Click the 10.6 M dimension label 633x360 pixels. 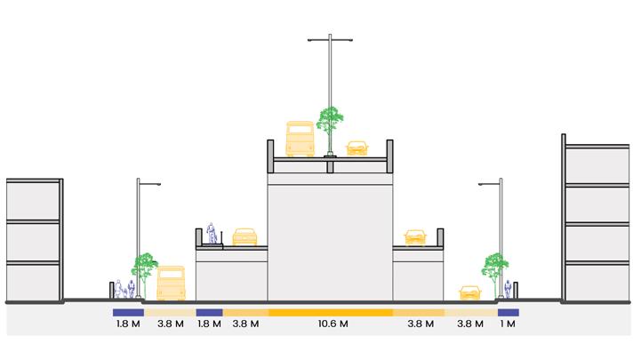click(330, 325)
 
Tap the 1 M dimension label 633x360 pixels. click(508, 325)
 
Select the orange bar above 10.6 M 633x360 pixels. click(330, 313)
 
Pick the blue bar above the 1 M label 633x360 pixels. click(508, 313)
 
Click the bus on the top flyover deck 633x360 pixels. click(300, 140)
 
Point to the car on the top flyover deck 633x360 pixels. click(357, 148)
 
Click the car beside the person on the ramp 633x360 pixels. click(244, 237)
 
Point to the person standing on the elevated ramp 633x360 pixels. click(212, 232)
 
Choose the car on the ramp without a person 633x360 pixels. click(414, 237)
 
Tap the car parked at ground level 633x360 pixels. click(469, 293)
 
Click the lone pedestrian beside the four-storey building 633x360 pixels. click(508, 290)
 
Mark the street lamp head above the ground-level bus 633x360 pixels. click(153, 185)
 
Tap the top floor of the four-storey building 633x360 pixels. click(597, 164)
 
